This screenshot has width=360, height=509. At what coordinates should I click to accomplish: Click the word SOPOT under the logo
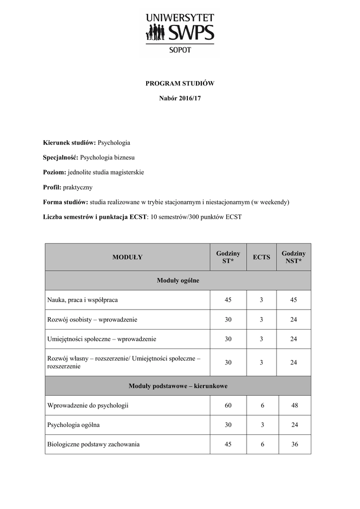(180, 50)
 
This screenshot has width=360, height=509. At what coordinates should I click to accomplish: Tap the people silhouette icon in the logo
(155, 33)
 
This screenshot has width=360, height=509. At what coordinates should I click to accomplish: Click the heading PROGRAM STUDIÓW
(180, 84)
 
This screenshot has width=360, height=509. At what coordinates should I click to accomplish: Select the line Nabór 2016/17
(180, 98)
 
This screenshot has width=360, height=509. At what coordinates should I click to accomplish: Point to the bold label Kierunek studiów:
(70, 143)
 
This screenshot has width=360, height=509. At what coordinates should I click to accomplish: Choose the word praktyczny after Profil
(78, 187)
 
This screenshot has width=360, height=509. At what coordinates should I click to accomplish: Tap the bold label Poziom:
(55, 172)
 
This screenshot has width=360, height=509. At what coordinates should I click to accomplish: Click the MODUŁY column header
(127, 257)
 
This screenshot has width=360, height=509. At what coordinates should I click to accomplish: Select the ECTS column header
(262, 257)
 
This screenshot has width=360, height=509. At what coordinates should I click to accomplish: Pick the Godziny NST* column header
(293, 257)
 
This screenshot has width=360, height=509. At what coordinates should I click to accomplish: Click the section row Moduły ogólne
(178, 280)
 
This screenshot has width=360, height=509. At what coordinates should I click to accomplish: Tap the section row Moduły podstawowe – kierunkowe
(178, 386)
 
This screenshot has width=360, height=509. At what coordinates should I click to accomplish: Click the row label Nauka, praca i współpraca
(83, 300)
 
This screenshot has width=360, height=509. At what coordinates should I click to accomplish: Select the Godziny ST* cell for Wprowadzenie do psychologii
(228, 406)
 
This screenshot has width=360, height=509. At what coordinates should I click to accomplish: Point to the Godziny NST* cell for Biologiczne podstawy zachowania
(294, 444)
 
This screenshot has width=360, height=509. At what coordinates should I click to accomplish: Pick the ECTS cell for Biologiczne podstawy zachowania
(262, 444)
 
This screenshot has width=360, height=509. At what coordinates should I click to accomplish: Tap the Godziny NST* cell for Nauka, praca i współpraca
(293, 300)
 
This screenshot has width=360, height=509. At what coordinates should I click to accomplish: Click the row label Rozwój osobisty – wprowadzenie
(92, 320)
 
